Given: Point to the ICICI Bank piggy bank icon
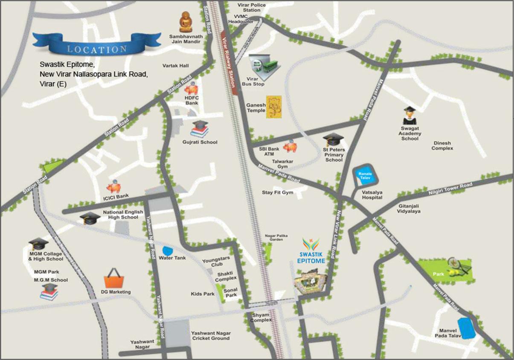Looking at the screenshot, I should point(114,188).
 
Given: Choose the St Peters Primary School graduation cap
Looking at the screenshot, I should point(333,139).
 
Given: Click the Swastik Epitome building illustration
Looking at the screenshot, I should point(310,282).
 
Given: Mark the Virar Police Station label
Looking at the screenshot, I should point(251,7).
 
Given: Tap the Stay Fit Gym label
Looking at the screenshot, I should point(278,193).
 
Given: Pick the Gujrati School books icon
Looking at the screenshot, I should point(200,129).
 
